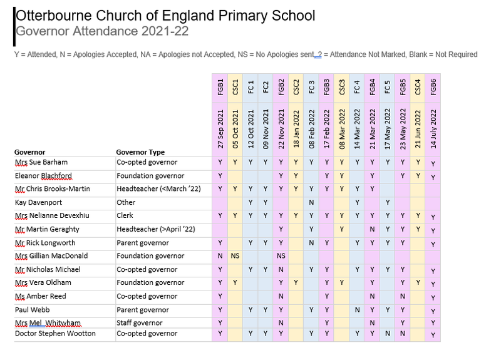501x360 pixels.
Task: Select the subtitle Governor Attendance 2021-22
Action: pyautogui.click(x=102, y=31)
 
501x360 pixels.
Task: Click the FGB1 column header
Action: pyautogui.click(x=220, y=87)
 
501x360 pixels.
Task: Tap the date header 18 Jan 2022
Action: pyautogui.click(x=296, y=129)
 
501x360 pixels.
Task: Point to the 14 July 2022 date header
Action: pyautogui.click(x=433, y=129)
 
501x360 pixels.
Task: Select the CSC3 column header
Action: pyautogui.click(x=342, y=87)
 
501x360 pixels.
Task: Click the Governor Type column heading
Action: pyautogui.click(x=140, y=152)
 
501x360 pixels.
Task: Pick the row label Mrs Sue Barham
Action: pyautogui.click(x=41, y=162)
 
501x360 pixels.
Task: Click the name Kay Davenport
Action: pyautogui.click(x=38, y=202)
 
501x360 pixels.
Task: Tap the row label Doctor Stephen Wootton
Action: pyautogui.click(x=55, y=334)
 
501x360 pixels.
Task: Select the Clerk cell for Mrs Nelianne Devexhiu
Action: pyautogui.click(x=125, y=215)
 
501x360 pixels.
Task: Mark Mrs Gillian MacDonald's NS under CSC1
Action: pyautogui.click(x=235, y=256)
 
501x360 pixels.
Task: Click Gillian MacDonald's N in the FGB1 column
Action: pyautogui.click(x=220, y=256)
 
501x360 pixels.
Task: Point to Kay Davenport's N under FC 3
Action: pyautogui.click(x=311, y=202)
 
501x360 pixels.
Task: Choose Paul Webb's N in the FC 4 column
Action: pyautogui.click(x=357, y=310)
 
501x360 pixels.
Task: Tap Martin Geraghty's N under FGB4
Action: pyautogui.click(x=372, y=229)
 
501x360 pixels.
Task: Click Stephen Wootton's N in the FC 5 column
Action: pyautogui.click(x=388, y=334)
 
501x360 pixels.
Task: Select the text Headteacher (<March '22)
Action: pyautogui.click(x=158, y=189)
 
